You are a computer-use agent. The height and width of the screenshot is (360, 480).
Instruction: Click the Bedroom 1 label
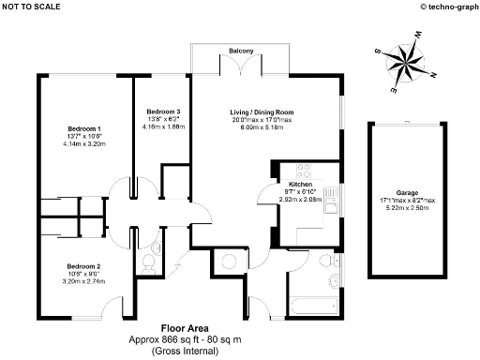[x=84, y=128]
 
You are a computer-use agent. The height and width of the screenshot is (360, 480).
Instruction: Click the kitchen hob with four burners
[x=304, y=172]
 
